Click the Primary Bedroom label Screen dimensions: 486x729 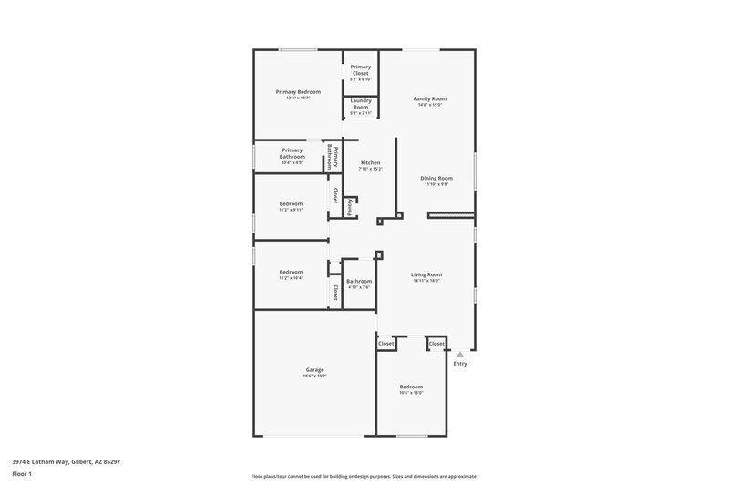tap(298, 92)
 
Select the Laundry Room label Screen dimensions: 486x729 tap(360, 104)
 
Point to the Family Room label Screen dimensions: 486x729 tap(430, 98)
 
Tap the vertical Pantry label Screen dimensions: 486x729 tap(349, 206)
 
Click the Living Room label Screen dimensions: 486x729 tap(426, 274)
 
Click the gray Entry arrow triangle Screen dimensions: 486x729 tap(460, 354)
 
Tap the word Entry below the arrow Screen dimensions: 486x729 tap(460, 364)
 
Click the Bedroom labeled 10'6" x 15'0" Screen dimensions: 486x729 tap(411, 387)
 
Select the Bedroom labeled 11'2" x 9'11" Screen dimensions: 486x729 tap(291, 203)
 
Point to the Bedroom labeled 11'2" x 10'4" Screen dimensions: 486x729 tap(291, 272)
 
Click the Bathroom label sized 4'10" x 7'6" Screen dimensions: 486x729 tap(359, 281)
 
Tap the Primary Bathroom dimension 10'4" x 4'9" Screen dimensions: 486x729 tap(292, 163)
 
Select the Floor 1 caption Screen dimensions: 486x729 tap(22, 475)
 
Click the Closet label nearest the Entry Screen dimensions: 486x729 tap(436, 344)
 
